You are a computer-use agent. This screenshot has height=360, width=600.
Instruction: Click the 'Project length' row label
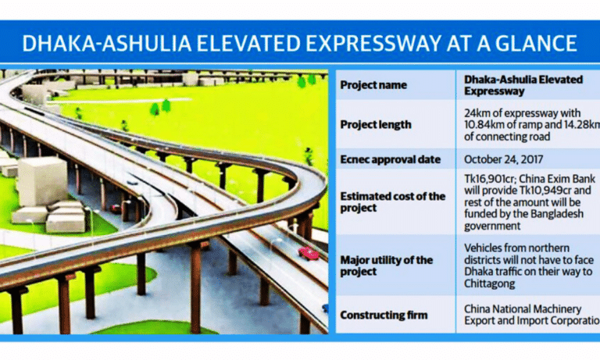(x=377, y=123)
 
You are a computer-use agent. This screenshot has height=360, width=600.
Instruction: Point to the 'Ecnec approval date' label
(x=390, y=159)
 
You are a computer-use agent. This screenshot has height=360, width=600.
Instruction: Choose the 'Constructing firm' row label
(x=383, y=315)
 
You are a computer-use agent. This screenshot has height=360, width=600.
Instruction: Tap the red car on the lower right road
(x=309, y=253)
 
